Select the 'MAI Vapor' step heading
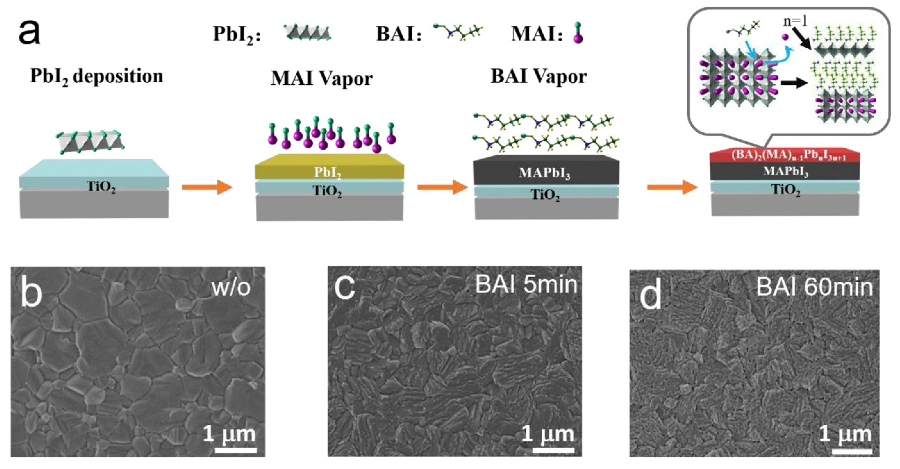[x=321, y=79]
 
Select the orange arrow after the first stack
[x=207, y=188]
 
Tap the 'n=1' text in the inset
[x=795, y=22]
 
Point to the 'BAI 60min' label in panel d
[x=814, y=287]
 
